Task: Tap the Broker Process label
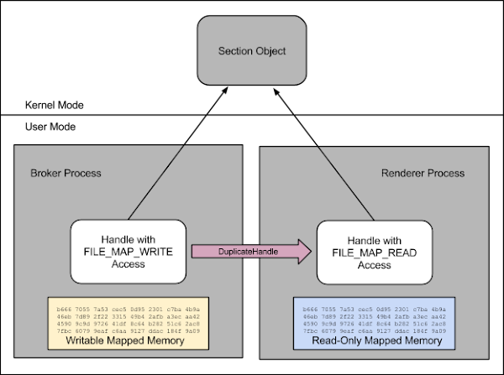click(x=65, y=174)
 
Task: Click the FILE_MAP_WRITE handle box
click(x=125, y=250)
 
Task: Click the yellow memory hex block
click(x=126, y=315)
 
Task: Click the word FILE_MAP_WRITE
click(x=125, y=250)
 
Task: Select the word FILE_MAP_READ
click(x=373, y=250)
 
